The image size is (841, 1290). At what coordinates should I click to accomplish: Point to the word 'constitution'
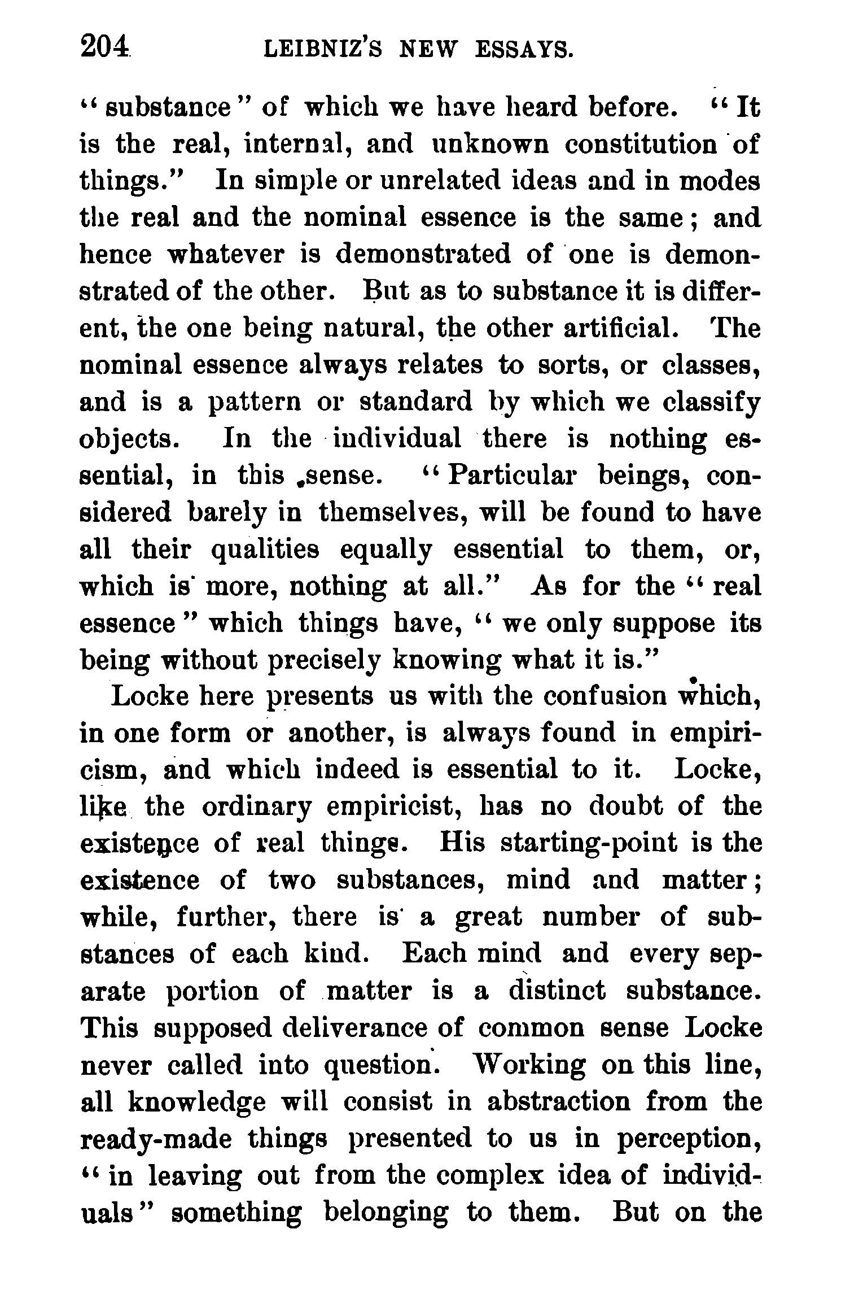(640, 145)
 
